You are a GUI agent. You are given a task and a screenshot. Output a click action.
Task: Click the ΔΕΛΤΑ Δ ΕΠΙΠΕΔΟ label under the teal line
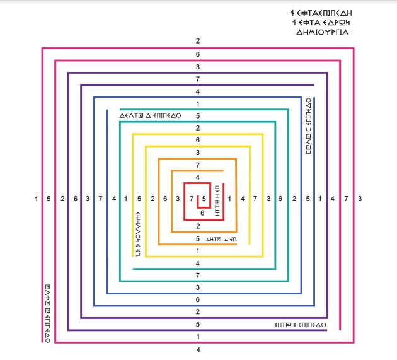(150, 116)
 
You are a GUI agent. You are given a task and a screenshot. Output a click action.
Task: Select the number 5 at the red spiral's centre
(204, 199)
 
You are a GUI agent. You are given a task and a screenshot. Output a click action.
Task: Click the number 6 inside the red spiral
(203, 213)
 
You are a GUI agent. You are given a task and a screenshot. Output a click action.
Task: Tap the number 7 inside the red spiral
(192, 199)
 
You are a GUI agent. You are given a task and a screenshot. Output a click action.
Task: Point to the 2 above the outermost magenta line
(198, 41)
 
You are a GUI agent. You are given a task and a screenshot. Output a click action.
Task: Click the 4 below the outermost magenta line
(198, 349)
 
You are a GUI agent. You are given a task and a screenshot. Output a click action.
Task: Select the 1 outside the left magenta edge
(37, 199)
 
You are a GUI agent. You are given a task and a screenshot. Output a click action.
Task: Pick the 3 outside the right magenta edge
(360, 199)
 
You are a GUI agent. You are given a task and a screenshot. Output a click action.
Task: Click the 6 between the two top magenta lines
(198, 54)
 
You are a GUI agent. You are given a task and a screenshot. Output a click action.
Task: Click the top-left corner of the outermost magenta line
(42, 48)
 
